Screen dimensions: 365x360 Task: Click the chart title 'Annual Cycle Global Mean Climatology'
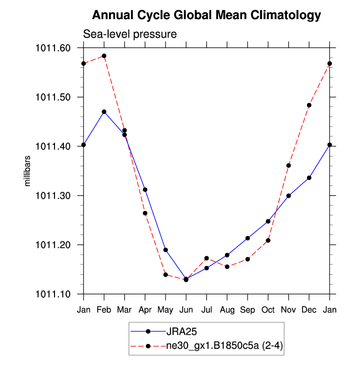point(206,15)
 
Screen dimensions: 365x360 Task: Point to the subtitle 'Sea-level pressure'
point(129,34)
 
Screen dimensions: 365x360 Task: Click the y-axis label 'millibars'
point(28,171)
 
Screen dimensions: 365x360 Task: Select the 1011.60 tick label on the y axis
point(53,48)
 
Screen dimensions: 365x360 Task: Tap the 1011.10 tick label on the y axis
point(53,294)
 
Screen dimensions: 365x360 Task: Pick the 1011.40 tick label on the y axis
point(53,147)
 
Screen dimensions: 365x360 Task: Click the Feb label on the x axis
point(104,310)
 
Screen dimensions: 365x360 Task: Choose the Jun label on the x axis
point(186,310)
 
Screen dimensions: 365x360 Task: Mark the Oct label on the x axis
point(268,310)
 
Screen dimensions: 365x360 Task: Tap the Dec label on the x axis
point(309,310)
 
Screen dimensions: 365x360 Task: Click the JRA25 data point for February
point(104,112)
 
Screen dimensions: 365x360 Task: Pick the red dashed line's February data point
point(104,56)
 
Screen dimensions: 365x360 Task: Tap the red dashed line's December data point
point(309,105)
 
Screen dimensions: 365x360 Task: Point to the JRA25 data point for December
point(309,178)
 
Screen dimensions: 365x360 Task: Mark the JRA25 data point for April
point(145,189)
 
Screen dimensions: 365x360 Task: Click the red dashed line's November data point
point(289,165)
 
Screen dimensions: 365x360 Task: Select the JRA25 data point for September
point(248,238)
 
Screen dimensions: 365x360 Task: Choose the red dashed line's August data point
point(227,266)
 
